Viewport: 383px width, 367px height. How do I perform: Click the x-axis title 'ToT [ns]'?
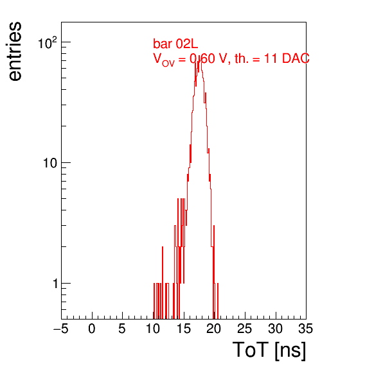point(269,350)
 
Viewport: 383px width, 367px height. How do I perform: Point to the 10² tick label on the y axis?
point(48,43)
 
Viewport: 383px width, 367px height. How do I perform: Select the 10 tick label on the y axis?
point(50,163)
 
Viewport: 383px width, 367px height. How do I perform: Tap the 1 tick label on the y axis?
point(55,284)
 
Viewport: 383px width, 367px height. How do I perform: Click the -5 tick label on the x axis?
point(60,329)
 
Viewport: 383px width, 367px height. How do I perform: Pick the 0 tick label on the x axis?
point(92,329)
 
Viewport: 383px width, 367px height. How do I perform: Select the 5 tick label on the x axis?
point(122,329)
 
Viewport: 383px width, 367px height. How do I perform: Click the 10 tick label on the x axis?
point(153,329)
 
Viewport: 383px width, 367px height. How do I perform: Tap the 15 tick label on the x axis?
point(184,329)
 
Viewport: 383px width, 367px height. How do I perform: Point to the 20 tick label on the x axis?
point(214,329)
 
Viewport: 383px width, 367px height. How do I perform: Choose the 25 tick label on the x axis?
point(244,329)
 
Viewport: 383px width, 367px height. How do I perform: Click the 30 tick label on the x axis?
point(275,329)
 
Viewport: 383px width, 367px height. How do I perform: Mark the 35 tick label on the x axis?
point(306,329)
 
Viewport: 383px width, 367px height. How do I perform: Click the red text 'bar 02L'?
point(175,44)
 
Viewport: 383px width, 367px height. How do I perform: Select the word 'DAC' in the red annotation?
point(296,58)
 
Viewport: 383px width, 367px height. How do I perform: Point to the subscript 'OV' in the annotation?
point(168,64)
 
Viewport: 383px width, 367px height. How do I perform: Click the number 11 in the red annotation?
point(271,58)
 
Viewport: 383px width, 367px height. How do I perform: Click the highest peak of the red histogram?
point(200,59)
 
